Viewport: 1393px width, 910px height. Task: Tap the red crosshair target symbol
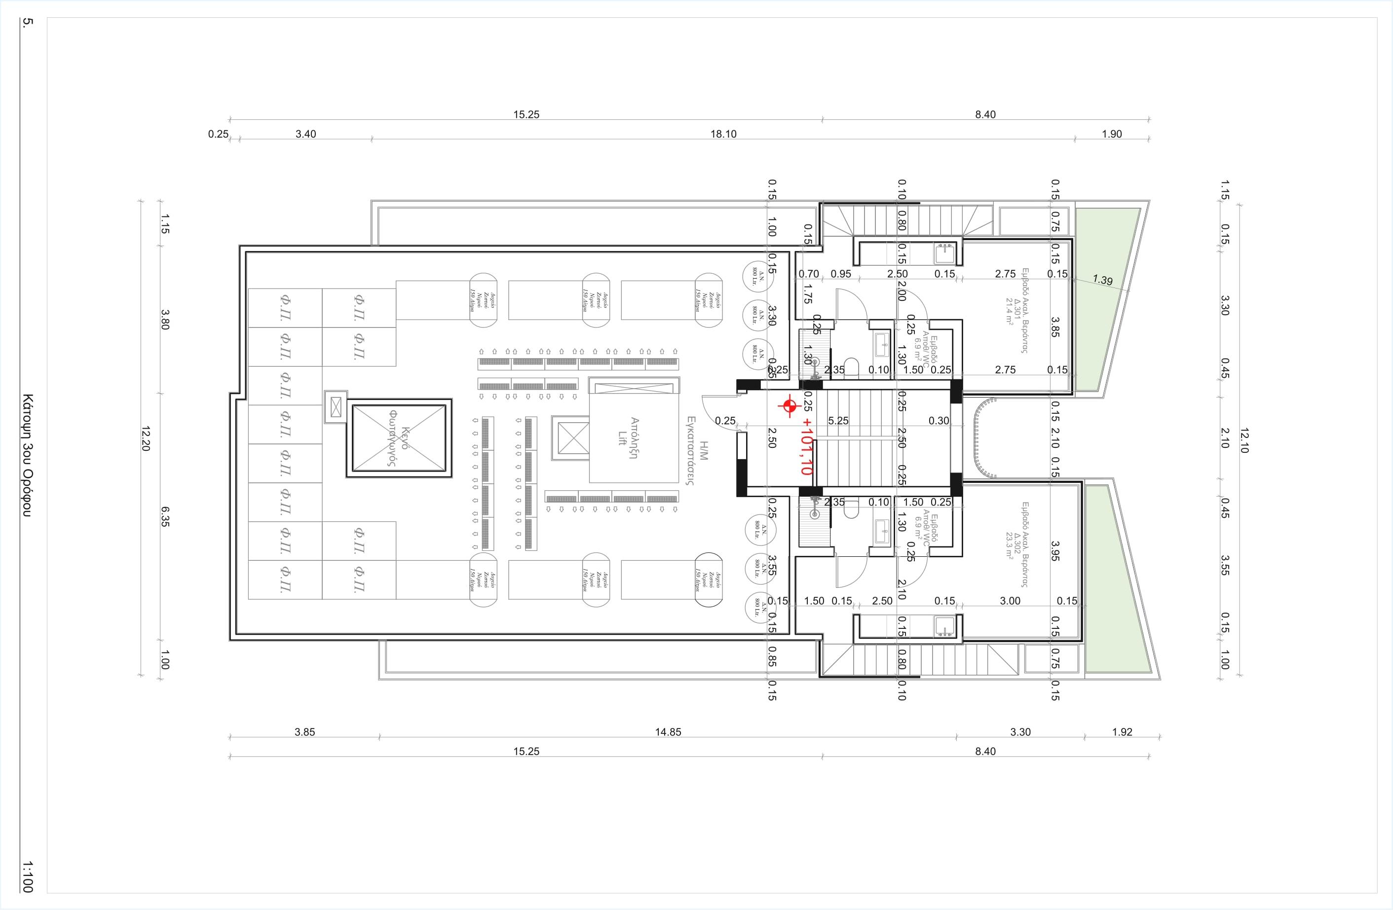(x=789, y=405)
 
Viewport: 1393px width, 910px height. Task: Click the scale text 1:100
(x=27, y=876)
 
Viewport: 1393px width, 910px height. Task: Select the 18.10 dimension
(x=723, y=134)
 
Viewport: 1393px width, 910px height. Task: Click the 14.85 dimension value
(x=668, y=732)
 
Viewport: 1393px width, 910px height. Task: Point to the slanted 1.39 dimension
(x=1102, y=280)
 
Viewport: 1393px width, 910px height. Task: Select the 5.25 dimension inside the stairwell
(x=838, y=421)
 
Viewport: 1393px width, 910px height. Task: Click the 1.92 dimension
(x=1122, y=732)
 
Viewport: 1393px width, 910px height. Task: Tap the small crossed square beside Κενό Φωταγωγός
(x=336, y=406)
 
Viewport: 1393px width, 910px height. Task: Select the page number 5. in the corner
(x=27, y=23)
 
